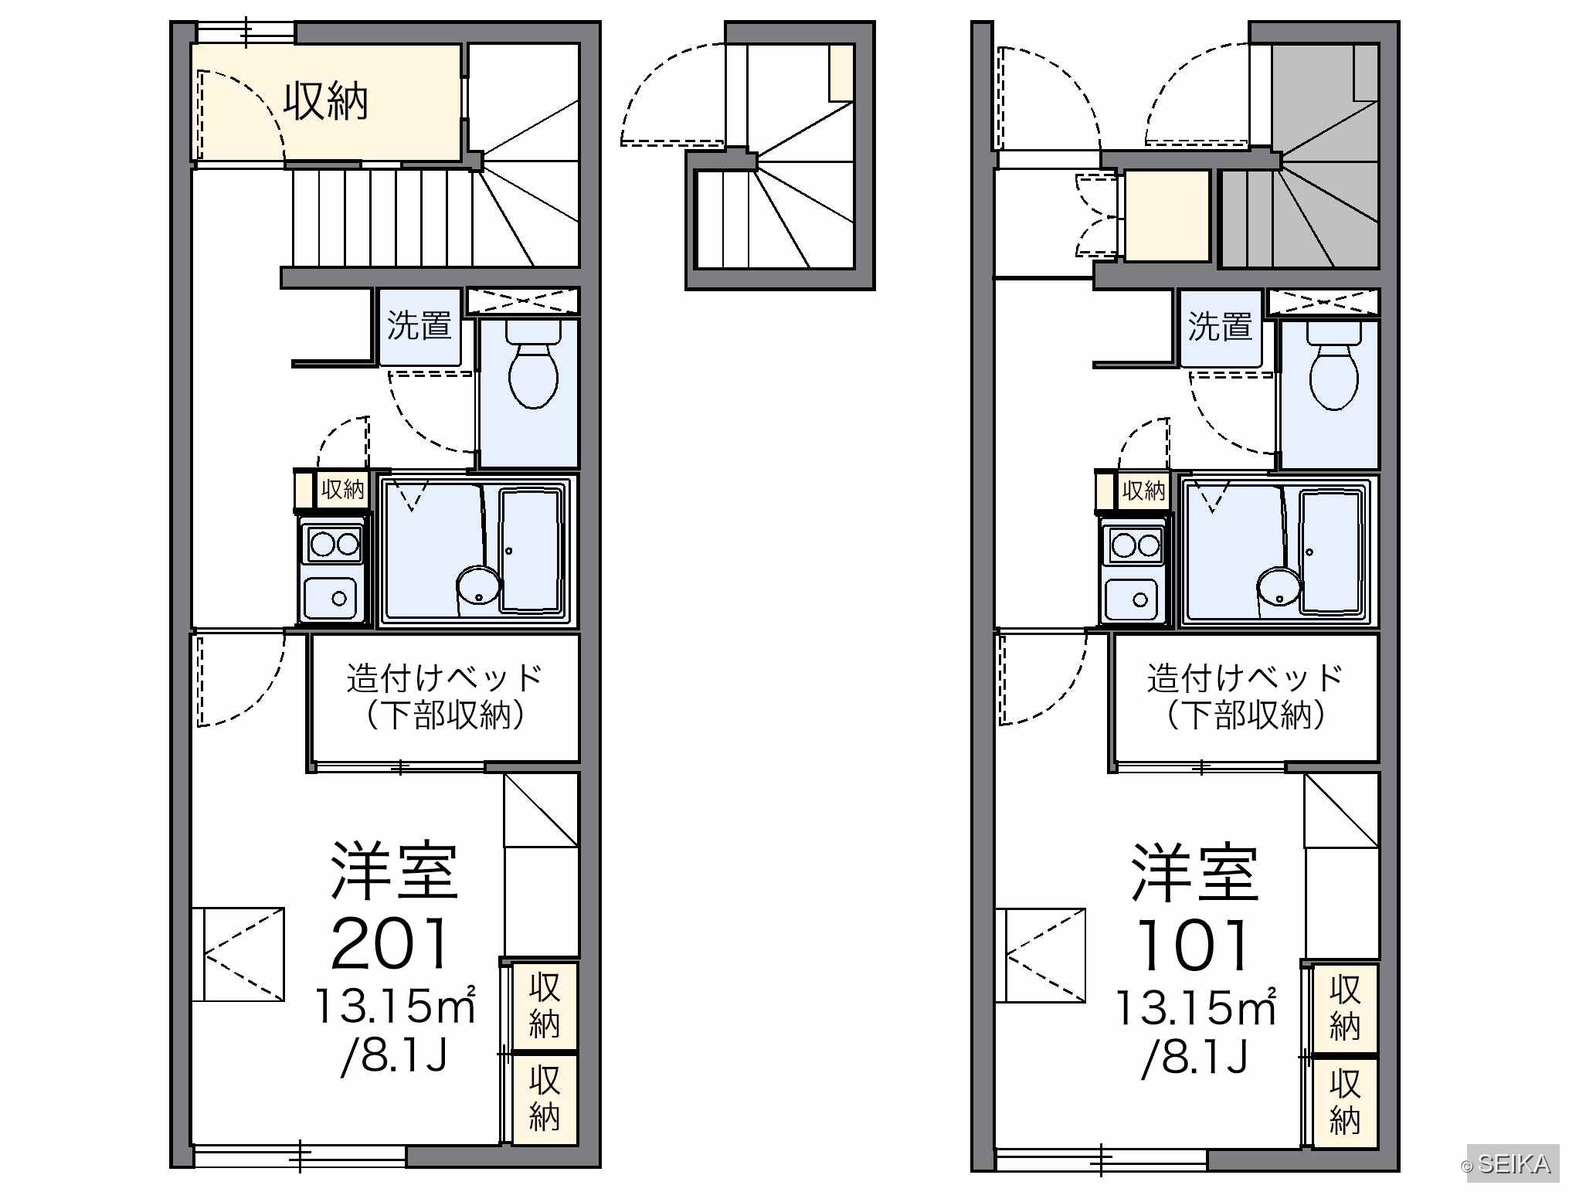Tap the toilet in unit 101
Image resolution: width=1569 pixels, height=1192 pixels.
tap(1334, 366)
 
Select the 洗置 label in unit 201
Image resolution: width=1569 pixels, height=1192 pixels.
tap(419, 325)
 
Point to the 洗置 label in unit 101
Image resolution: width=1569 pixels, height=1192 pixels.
tap(1221, 326)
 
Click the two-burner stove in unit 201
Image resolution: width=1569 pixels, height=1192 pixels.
tap(335, 545)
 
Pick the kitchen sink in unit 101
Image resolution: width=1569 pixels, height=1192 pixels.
tap(1133, 599)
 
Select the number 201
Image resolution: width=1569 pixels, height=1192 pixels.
tap(390, 943)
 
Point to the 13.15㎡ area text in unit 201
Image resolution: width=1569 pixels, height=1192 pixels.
tap(395, 1005)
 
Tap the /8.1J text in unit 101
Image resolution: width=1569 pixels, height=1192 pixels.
tap(1194, 1057)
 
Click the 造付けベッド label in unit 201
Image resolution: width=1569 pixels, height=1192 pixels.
tap(444, 678)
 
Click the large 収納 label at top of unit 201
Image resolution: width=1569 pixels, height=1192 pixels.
tap(325, 101)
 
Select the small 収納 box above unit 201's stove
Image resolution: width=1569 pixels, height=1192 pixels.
tap(342, 489)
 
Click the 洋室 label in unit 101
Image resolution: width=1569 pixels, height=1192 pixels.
tap(1194, 872)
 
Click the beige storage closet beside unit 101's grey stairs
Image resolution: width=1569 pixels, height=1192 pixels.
tap(1167, 216)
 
